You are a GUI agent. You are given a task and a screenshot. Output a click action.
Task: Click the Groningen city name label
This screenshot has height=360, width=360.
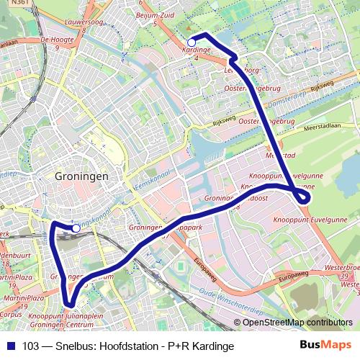pos(81,176)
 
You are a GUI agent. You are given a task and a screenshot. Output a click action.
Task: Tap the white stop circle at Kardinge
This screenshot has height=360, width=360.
pos(191,42)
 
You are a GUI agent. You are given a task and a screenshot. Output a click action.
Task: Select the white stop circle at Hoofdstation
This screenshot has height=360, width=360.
pos(76,228)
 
